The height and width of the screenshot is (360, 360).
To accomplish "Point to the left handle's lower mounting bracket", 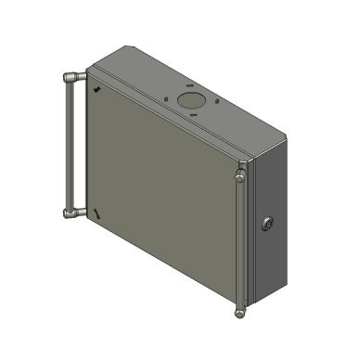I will pos(73,213).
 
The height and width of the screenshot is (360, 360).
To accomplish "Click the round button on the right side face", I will pos(269,223).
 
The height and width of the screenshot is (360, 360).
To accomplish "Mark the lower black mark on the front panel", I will pos(96,214).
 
